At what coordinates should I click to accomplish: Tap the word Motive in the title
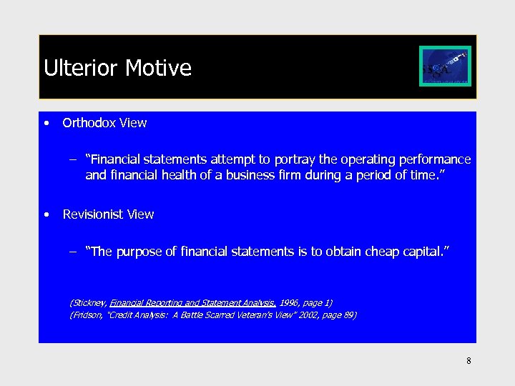tap(158, 69)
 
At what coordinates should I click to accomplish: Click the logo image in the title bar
tap(445, 66)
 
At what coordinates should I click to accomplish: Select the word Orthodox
tap(89, 123)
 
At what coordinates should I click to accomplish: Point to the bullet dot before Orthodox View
tap(46, 123)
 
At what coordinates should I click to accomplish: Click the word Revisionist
tap(94, 214)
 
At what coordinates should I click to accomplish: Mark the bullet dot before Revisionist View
tap(46, 214)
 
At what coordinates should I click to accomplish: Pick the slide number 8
tap(469, 361)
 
